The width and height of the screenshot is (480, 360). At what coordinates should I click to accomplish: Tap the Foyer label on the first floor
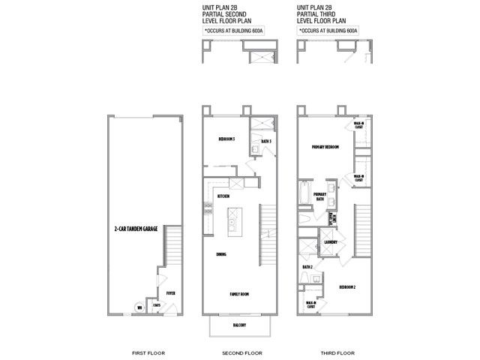coord(171,293)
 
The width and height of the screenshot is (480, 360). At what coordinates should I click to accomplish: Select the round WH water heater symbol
coord(139,307)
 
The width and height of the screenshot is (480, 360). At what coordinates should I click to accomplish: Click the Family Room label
coord(240,294)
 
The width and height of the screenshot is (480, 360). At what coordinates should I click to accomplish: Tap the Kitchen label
coord(223,196)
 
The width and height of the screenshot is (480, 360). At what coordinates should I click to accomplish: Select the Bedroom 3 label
coord(226,139)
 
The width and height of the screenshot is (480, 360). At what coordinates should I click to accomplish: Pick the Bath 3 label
coord(265,141)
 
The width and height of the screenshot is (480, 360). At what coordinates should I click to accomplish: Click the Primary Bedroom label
coord(325,147)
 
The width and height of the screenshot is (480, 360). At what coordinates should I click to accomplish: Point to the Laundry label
coord(331,242)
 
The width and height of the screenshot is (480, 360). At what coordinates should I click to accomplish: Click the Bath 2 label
coord(307,266)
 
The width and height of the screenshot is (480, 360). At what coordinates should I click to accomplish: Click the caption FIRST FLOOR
coord(143,352)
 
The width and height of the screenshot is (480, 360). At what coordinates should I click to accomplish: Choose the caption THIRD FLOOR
coord(333,352)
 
